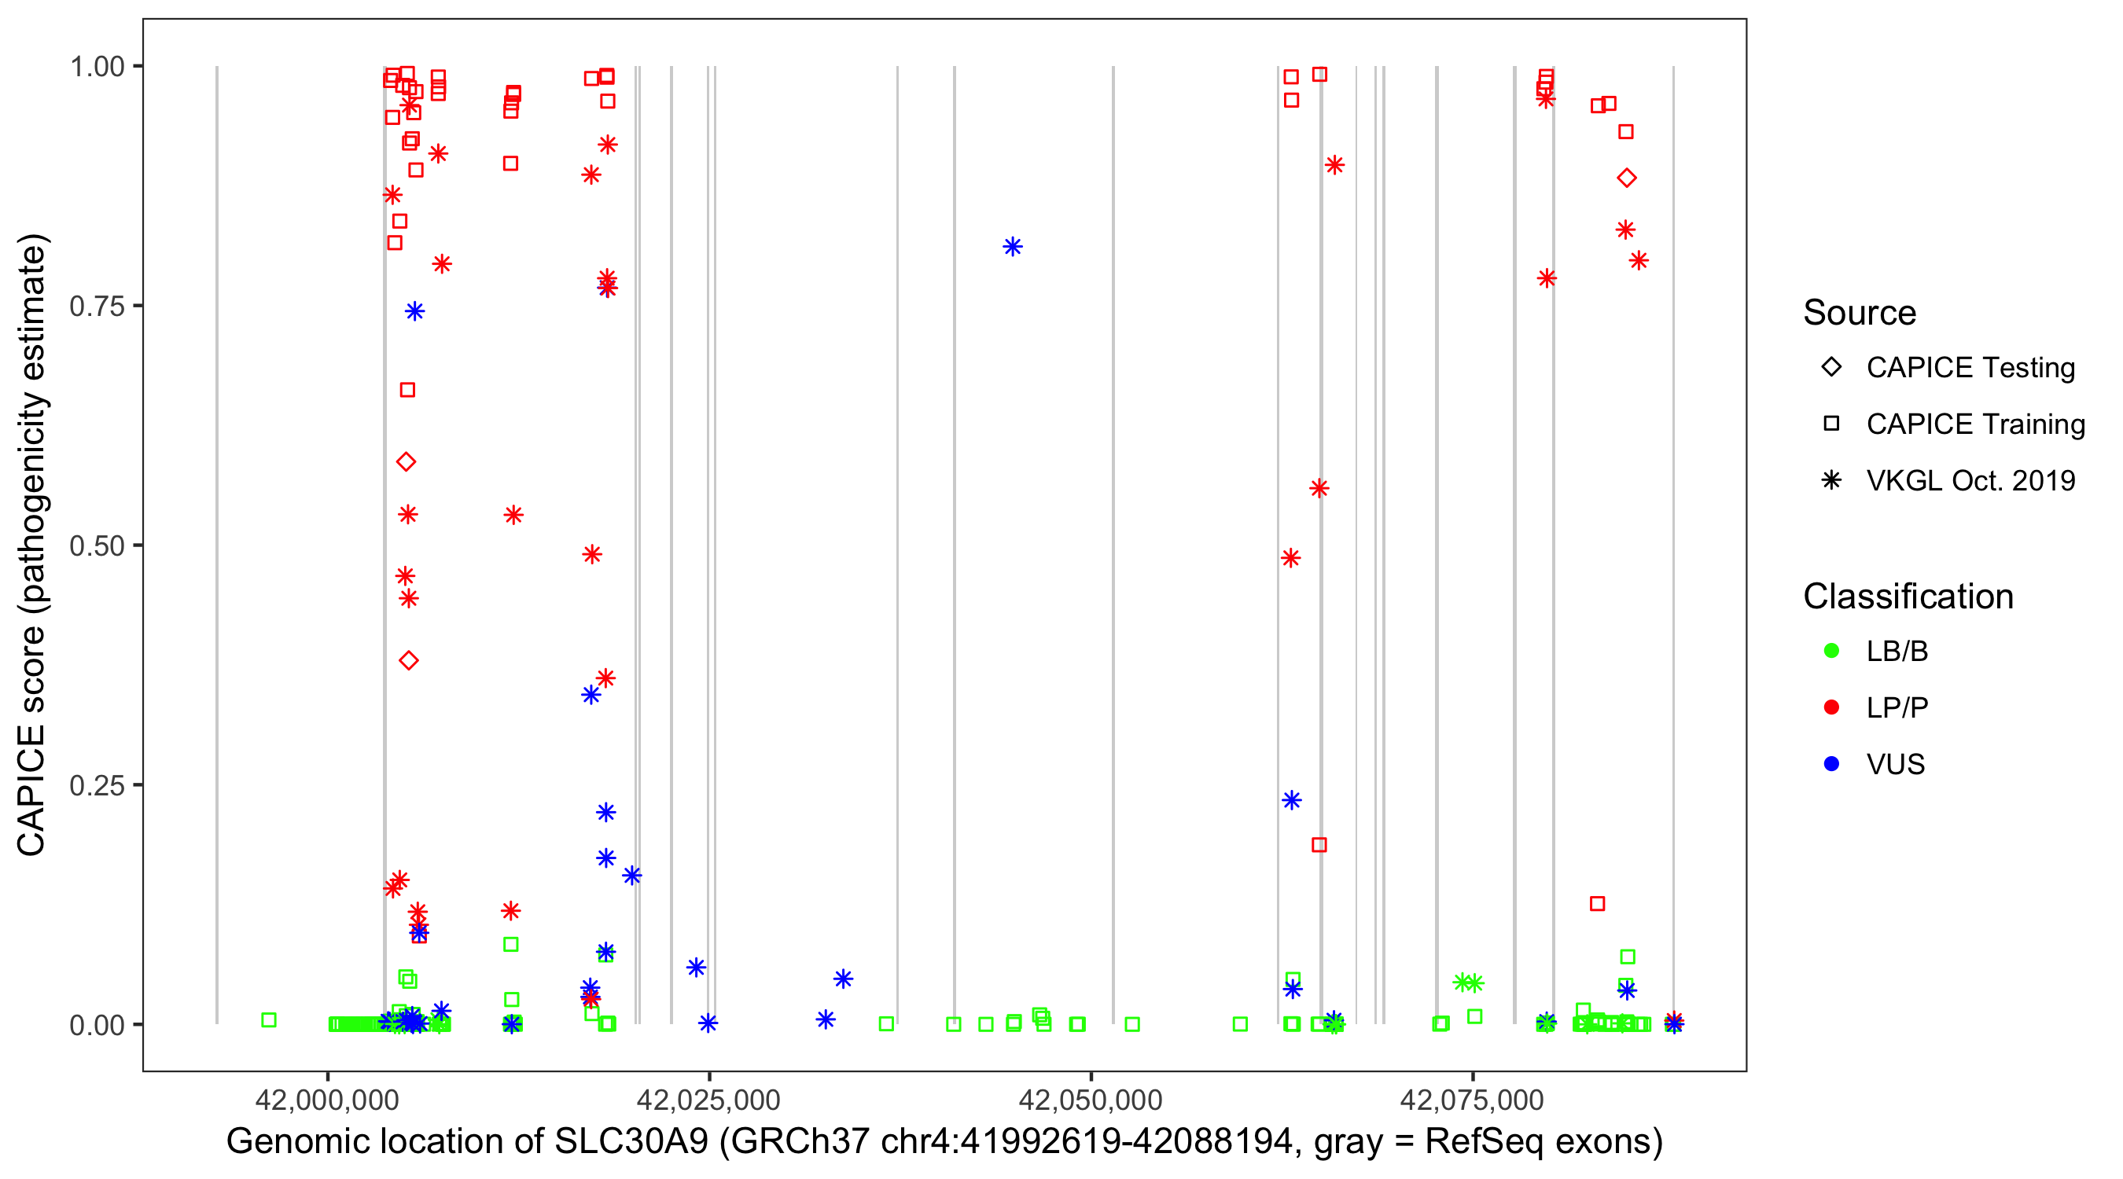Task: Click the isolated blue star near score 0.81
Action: pos(1012,246)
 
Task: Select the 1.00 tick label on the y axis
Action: pos(97,67)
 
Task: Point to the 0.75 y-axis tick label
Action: pos(97,307)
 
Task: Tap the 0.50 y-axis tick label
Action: pos(97,545)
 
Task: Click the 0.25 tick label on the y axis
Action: pos(97,785)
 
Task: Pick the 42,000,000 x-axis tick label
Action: pos(327,1099)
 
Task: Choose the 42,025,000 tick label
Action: pos(708,1099)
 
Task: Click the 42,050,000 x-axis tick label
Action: pos(1091,1099)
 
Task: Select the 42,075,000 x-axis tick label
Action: pos(1472,1099)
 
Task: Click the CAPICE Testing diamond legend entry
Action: pos(1970,368)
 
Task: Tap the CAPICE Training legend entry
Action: pos(1974,424)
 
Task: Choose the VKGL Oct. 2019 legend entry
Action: pos(1970,480)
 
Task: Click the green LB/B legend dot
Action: pos(1831,651)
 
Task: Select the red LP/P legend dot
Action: pos(1831,707)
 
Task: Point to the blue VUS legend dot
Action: pos(1831,764)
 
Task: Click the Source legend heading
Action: pos(1860,312)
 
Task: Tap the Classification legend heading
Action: pos(1908,596)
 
